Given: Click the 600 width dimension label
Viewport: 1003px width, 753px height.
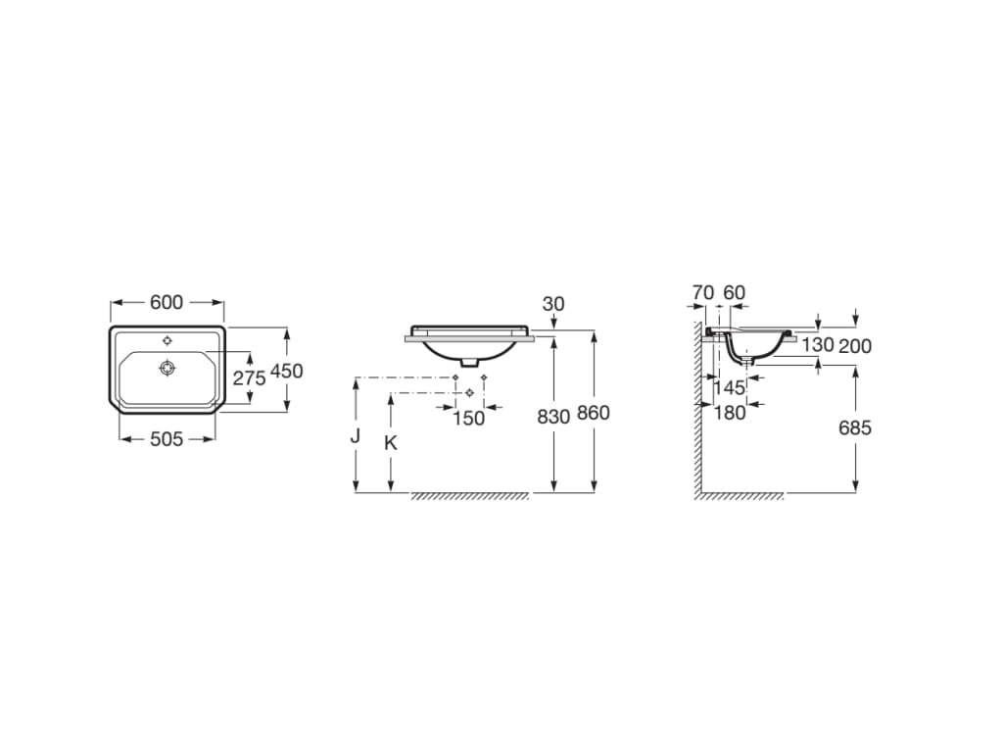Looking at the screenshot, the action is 167,302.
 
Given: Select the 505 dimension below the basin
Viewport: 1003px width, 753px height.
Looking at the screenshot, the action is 167,439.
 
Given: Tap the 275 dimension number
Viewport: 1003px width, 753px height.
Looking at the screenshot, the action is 249,378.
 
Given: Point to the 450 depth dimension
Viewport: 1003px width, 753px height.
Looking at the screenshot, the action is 287,371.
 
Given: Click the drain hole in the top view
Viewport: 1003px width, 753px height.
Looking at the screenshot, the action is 167,369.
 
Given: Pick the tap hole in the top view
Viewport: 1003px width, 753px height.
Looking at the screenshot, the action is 167,340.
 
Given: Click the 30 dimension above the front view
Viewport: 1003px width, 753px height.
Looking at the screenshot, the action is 553,304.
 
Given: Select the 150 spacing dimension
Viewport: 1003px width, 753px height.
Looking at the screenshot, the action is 469,418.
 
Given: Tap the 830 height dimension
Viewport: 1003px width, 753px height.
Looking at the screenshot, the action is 553,417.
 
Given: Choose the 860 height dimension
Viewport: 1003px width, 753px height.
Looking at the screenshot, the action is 593,413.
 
